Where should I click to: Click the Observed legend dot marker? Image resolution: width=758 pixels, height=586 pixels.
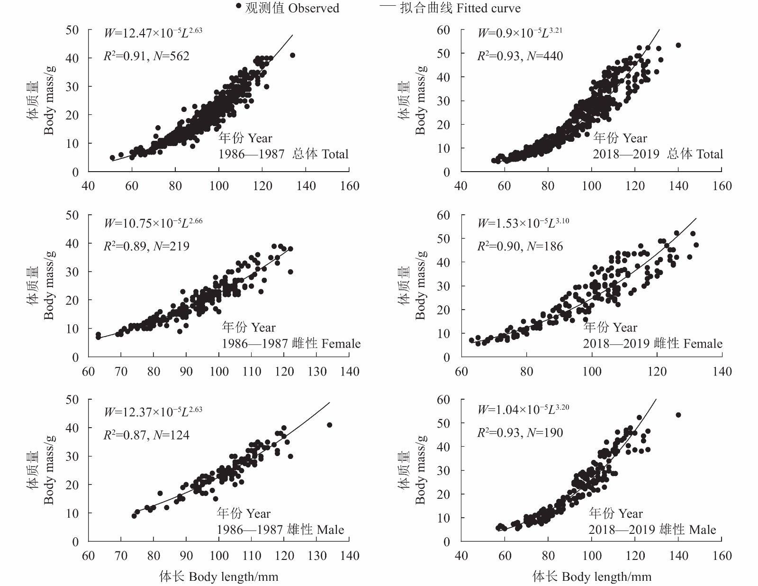[239, 6]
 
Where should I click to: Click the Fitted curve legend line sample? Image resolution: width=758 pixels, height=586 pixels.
[388, 7]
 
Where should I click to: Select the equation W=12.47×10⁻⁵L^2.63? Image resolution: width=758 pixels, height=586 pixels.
[153, 33]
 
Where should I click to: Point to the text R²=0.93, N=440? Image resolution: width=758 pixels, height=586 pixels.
[520, 56]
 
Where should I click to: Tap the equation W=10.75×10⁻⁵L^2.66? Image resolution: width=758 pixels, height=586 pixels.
[153, 223]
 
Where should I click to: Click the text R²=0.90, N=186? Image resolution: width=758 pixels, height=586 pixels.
[520, 247]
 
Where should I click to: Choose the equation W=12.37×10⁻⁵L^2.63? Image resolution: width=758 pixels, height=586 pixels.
[153, 412]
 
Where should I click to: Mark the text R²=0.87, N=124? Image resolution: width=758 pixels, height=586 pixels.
[146, 435]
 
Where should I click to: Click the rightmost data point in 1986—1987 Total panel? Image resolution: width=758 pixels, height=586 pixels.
[292, 55]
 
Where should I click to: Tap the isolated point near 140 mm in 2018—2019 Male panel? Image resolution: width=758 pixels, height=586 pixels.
[678, 415]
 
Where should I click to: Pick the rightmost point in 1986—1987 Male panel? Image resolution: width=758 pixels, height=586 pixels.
[329, 425]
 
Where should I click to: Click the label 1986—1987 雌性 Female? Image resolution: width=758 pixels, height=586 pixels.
[291, 344]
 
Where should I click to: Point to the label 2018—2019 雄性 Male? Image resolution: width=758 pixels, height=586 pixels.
[652, 530]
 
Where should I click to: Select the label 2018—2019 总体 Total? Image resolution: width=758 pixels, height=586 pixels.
[658, 154]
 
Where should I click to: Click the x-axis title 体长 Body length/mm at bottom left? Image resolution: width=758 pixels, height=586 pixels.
[218, 577]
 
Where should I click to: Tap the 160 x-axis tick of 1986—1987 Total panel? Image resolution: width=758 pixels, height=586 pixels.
[350, 186]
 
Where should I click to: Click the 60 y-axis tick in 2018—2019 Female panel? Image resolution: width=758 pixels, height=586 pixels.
[443, 215]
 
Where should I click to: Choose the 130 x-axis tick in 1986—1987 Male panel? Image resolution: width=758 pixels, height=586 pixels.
[317, 556]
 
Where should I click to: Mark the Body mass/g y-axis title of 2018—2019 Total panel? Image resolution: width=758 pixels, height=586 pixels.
[420, 100]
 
